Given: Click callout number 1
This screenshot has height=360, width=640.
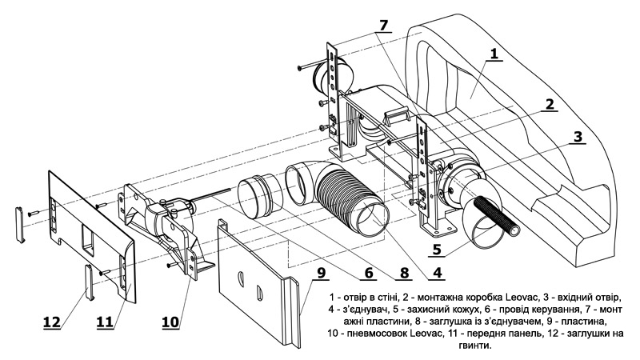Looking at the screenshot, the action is point(494,54).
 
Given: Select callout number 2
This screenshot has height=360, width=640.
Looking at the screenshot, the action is point(550,104).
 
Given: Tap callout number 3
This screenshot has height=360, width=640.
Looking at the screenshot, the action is point(578,137).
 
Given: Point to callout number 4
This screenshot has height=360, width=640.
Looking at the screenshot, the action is point(437,273).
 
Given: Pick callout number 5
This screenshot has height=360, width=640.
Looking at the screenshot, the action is point(437,249).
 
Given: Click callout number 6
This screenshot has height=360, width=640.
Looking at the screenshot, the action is point(369,273).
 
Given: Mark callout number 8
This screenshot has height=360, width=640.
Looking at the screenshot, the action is point(404,273).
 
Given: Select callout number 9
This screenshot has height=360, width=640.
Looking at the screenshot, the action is point(322,273).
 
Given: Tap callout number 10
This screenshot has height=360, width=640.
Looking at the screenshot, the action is point(170,322).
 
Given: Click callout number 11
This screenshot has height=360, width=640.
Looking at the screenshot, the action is point(105,322).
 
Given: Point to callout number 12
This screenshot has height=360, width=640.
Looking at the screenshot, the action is point(52,322).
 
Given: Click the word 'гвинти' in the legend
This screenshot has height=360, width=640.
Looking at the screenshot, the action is point(475,346).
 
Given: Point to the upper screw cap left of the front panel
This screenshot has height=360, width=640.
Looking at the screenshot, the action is point(20,225).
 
